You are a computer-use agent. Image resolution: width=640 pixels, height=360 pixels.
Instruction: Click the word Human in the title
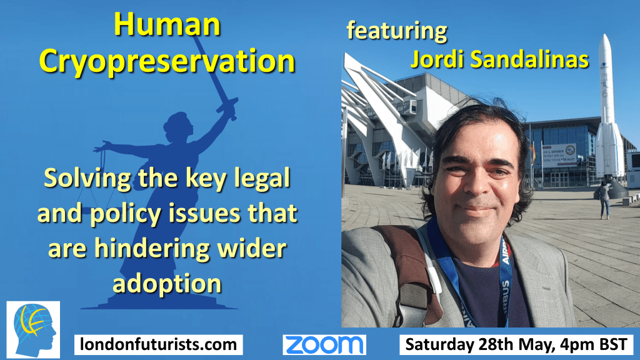point(167,24)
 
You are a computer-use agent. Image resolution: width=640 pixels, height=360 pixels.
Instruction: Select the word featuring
point(397,31)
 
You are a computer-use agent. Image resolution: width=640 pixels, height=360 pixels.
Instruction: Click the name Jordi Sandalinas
point(499,59)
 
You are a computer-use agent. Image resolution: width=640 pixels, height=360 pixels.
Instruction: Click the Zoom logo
point(324,345)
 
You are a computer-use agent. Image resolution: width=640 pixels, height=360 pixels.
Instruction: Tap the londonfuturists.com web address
point(158,344)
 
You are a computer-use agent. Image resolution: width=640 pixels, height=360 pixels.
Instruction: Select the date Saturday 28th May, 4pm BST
point(516,344)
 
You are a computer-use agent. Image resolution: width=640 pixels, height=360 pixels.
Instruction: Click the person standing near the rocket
point(604,199)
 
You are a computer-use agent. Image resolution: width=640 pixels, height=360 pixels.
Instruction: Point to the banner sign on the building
point(559,156)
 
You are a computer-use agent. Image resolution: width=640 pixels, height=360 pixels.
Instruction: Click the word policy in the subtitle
point(126,214)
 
